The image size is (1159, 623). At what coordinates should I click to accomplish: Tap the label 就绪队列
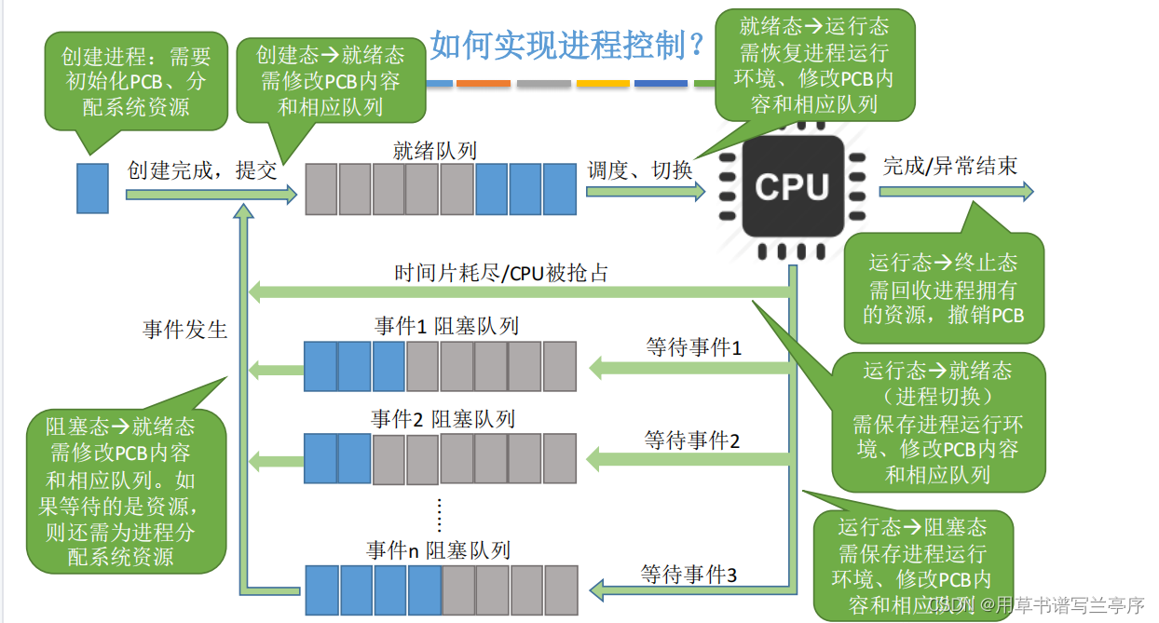[435, 150]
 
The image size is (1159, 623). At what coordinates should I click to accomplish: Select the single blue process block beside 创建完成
[92, 187]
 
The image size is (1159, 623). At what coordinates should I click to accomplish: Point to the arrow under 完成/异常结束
[956, 191]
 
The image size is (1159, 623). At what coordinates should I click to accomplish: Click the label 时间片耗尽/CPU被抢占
[502, 273]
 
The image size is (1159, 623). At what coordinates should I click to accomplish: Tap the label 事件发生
[184, 330]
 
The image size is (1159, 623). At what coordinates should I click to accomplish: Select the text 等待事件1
[694, 347]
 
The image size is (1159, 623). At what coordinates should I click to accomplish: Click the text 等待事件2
[692, 440]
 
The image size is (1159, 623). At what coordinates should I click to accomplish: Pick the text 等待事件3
[689, 575]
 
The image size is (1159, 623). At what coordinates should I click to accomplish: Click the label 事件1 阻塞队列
[446, 326]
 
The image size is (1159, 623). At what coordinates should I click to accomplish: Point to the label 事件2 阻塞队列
[443, 419]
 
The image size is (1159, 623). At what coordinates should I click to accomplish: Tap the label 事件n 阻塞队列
[439, 550]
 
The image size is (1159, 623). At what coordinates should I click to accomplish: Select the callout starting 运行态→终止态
[943, 289]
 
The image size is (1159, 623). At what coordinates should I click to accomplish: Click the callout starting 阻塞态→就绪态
[127, 492]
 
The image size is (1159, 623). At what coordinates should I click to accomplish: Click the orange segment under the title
[484, 84]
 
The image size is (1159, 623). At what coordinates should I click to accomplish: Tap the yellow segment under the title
[602, 84]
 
